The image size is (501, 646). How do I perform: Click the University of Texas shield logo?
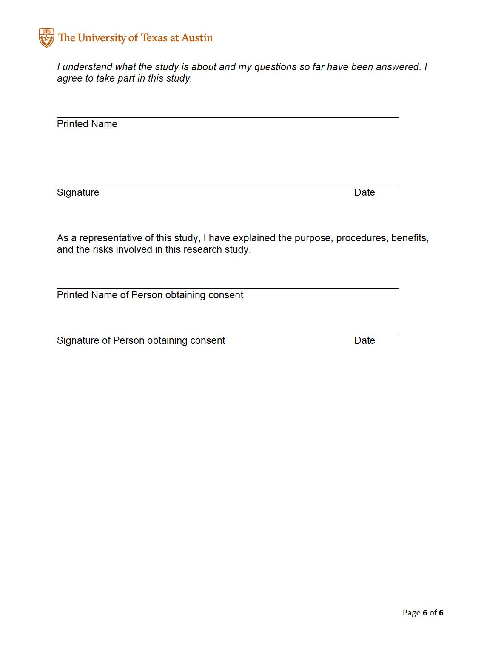coord(46,38)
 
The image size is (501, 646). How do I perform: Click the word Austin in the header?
coord(197,38)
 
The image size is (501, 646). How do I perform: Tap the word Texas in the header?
coord(154,38)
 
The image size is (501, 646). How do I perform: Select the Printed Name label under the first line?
coord(87,124)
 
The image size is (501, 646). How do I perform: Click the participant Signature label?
coord(78,192)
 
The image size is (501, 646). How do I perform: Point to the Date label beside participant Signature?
coord(364,192)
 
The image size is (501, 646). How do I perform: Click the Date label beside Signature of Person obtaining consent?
coord(364,340)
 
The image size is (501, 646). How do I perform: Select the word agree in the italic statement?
coord(70,79)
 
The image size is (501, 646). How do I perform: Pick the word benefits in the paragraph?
coord(410,238)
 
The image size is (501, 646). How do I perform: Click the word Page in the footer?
coord(411,613)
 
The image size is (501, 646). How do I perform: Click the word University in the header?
coord(102,38)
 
